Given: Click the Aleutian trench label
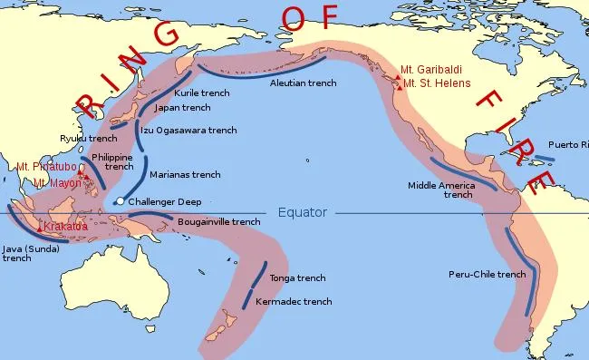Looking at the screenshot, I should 304,83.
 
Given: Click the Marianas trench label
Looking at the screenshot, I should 185,174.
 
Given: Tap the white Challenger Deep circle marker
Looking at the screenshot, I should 120,201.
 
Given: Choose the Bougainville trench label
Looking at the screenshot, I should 218,221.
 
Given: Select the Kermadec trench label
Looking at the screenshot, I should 293,301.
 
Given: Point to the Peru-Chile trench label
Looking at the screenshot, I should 487,275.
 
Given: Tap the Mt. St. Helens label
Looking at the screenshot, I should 439,84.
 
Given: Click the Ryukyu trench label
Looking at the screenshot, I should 89,138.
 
